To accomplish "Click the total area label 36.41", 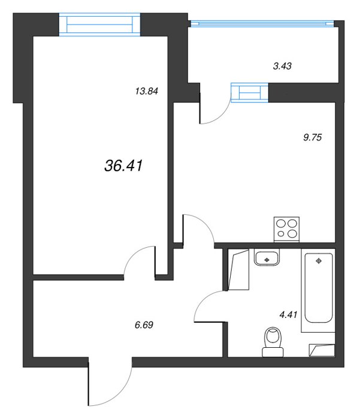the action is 123,166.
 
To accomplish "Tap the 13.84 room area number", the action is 147,92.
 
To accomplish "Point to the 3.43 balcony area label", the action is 282,66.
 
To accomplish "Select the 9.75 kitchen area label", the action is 313,137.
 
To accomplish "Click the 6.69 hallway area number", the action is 144,325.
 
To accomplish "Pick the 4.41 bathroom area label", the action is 288,314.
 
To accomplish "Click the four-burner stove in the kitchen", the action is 286,229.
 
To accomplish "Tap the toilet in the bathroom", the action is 273,342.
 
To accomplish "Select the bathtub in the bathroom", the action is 319,290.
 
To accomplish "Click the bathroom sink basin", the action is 267,257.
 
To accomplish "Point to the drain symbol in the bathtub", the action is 319,261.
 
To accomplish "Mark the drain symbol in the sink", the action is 267,259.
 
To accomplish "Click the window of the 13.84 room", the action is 99,25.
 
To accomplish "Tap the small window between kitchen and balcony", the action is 250,93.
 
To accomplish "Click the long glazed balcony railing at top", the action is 262,24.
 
